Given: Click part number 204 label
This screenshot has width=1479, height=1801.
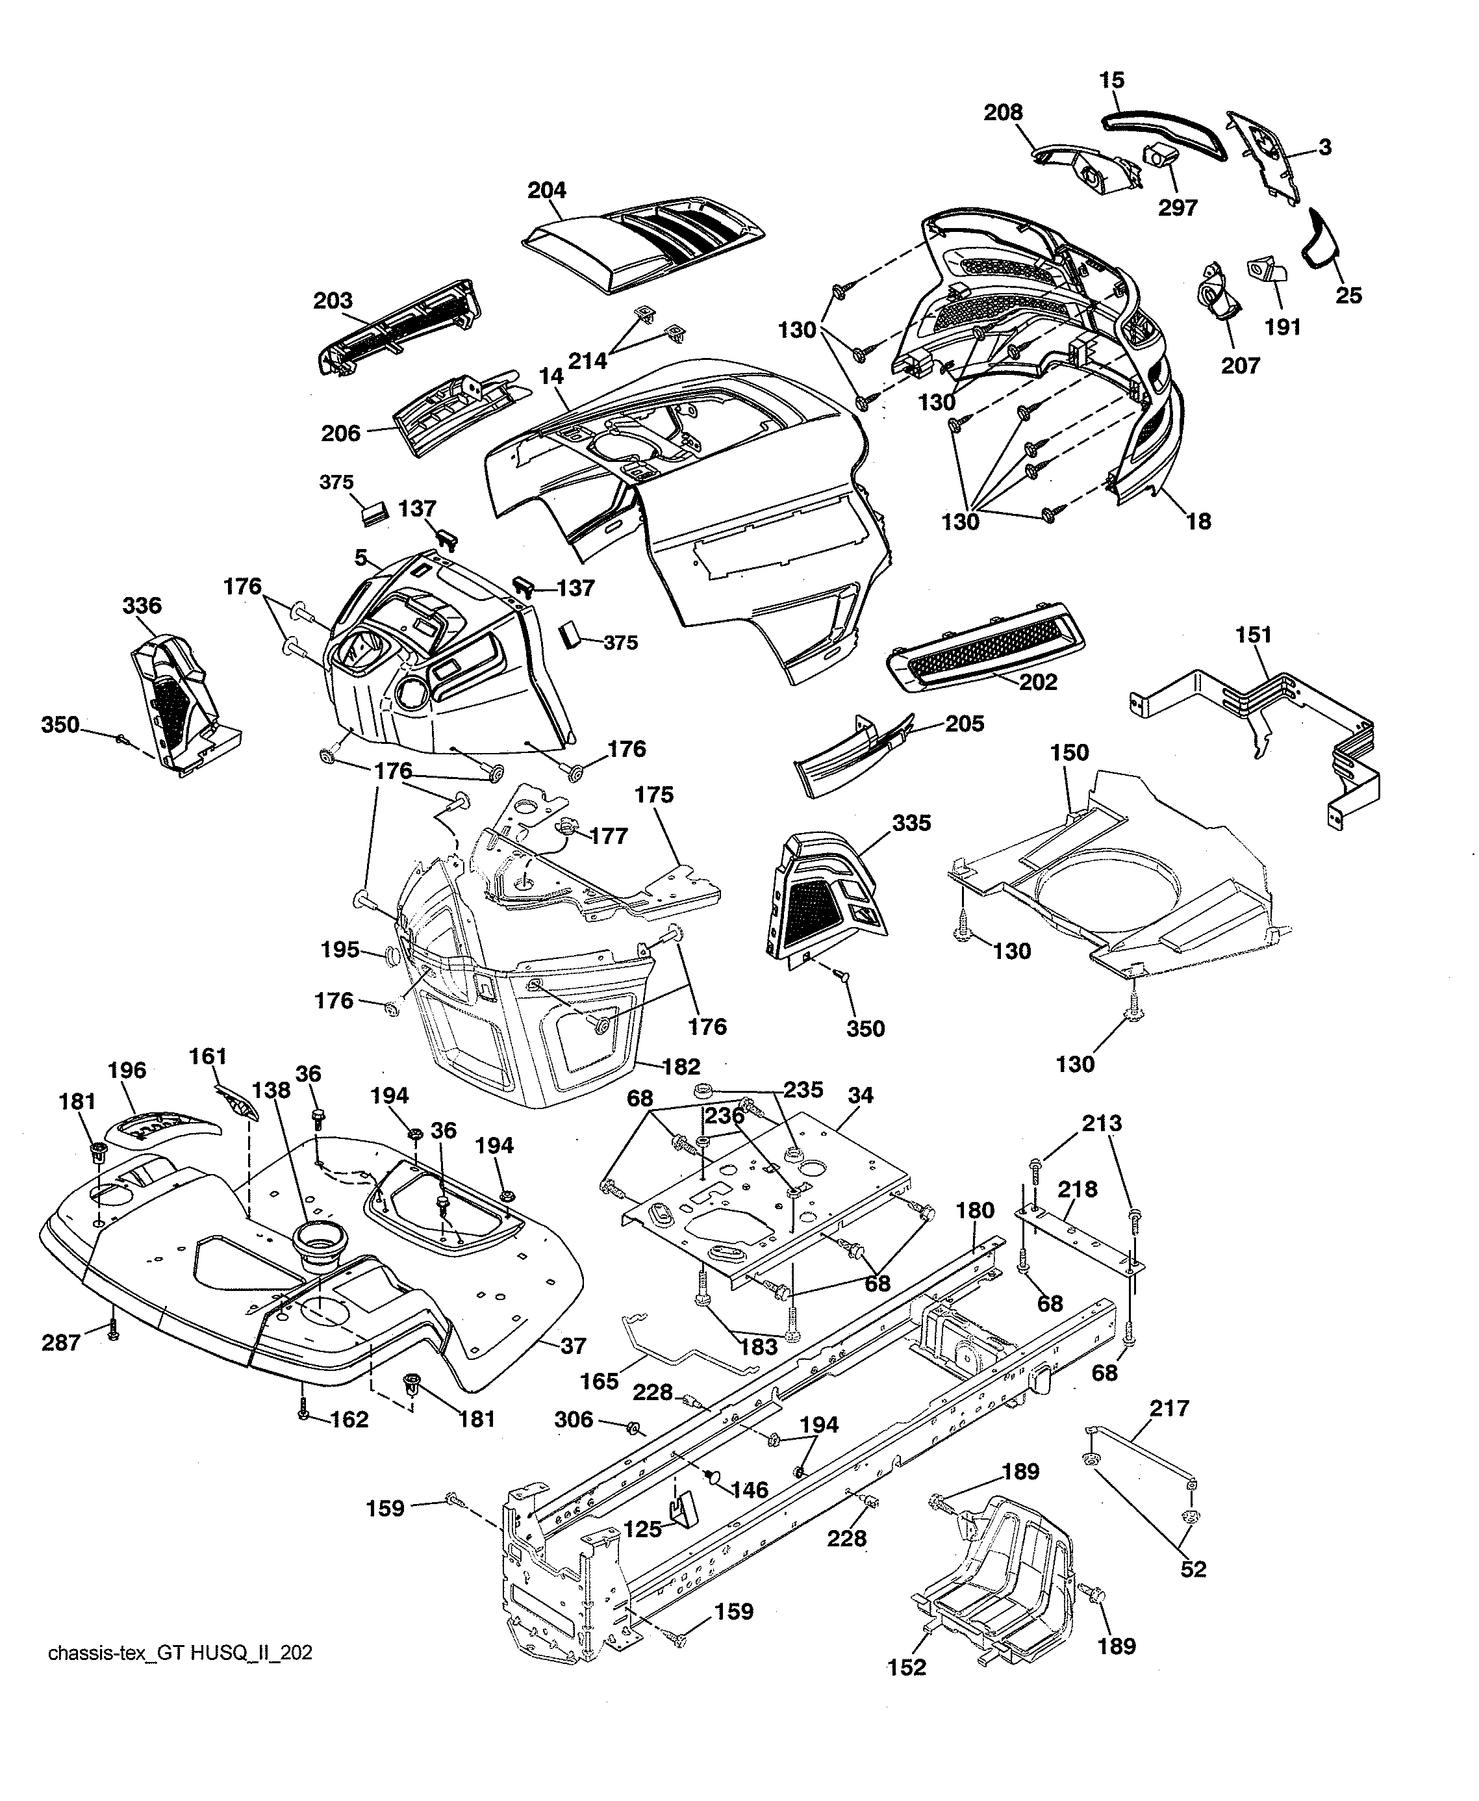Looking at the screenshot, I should (x=546, y=190).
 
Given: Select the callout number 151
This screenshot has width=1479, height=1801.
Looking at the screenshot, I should (x=1252, y=635).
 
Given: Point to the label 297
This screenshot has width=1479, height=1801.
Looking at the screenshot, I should (x=1178, y=207).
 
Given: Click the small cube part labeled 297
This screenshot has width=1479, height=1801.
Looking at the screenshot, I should (x=1158, y=157).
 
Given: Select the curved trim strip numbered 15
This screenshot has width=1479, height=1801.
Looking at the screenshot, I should (x=1163, y=128).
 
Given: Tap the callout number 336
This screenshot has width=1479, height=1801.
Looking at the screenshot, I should (x=142, y=606).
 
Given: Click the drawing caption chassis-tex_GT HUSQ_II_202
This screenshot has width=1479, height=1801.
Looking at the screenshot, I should (x=180, y=1653).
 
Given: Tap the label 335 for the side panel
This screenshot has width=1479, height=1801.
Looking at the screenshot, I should (x=911, y=823).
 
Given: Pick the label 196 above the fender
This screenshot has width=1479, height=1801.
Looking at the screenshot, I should (x=127, y=1070).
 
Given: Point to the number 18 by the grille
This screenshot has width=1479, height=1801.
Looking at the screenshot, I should (x=1198, y=521).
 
